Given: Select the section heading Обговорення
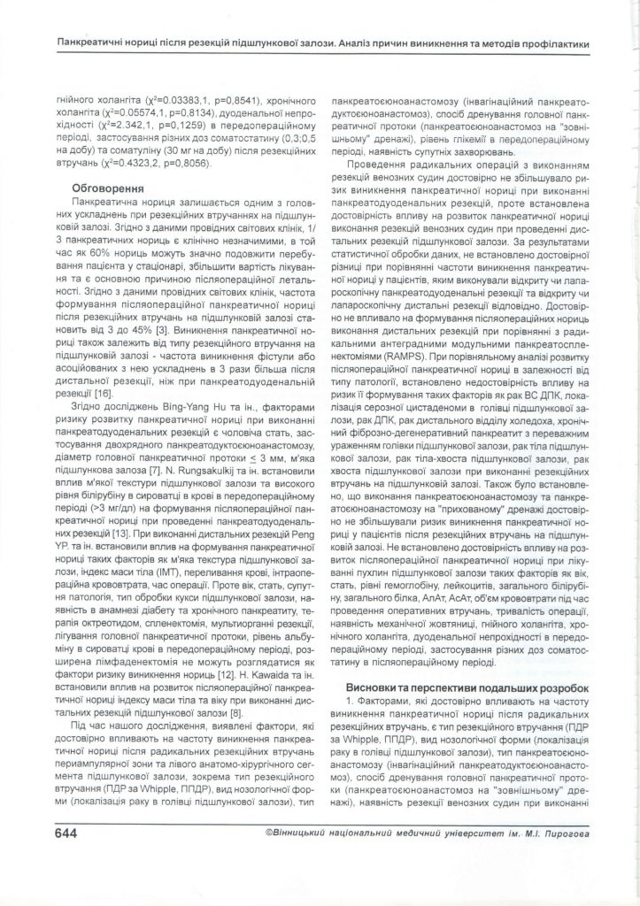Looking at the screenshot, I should click(x=104, y=187).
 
